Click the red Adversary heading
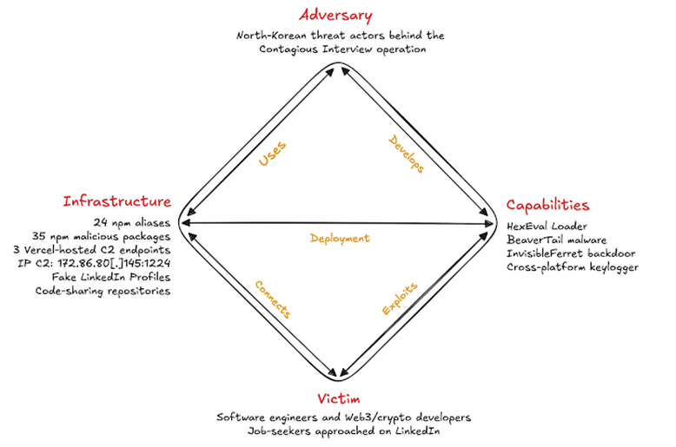tap(335, 16)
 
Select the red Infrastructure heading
tap(116, 201)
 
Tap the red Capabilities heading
tap(547, 205)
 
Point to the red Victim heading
tap(338, 398)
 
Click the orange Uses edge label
tap(272, 154)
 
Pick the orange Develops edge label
tap(407, 154)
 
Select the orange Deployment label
tap(340, 239)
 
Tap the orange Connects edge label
tap(273, 299)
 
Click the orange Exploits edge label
tap(400, 299)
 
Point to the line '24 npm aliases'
tap(132, 223)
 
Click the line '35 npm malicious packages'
tap(102, 236)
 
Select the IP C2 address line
tap(94, 263)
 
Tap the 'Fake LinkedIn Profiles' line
tap(111, 277)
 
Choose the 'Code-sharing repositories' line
tap(103, 291)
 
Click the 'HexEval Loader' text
tap(547, 226)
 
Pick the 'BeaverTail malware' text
tap(557, 240)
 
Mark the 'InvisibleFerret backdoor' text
tap(571, 253)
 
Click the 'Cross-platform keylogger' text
tap(573, 267)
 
